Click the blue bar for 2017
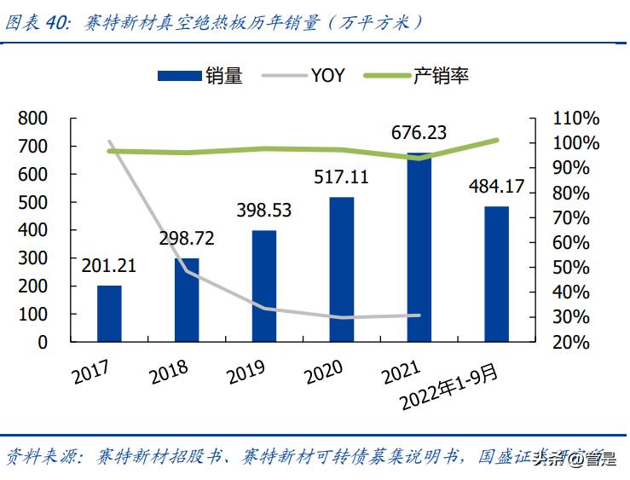109,313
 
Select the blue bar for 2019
264,286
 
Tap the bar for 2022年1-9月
496,274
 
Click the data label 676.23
419,133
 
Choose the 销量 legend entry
201,76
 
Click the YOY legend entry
309,76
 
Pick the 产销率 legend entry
418,76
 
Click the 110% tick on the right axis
577,119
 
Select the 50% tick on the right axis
577,268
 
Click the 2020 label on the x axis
322,370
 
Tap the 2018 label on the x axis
168,370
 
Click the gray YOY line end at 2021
419,315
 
